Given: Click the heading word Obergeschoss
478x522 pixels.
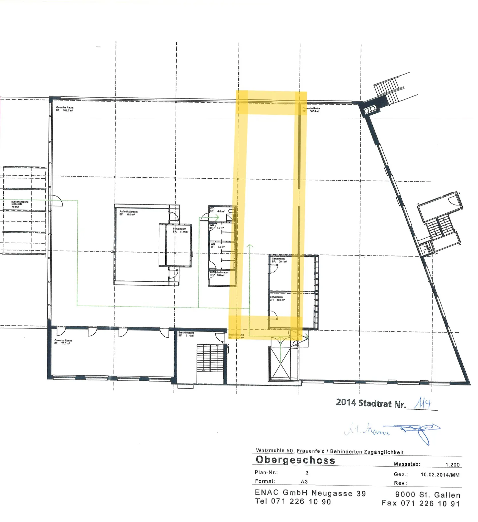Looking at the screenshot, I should [x=295, y=460].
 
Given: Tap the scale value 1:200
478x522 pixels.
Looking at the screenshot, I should [x=452, y=465].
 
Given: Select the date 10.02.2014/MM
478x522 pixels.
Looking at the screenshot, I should [x=440, y=475].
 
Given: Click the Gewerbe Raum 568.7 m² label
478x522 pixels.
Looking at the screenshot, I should [x=65, y=109].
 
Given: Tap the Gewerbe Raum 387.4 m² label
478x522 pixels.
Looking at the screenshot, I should [x=311, y=110].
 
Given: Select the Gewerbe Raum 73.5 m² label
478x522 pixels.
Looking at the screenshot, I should [x=63, y=342].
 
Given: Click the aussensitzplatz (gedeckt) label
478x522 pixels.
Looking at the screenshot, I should [x=20, y=204].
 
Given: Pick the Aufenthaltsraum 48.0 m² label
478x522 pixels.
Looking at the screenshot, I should [x=128, y=213].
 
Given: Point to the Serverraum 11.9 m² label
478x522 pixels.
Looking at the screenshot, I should [x=181, y=230].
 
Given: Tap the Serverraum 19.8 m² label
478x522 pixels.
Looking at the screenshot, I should [x=277, y=298].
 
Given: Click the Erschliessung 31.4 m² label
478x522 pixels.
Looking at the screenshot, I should [x=186, y=334].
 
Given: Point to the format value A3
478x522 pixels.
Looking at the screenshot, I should [x=304, y=482].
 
